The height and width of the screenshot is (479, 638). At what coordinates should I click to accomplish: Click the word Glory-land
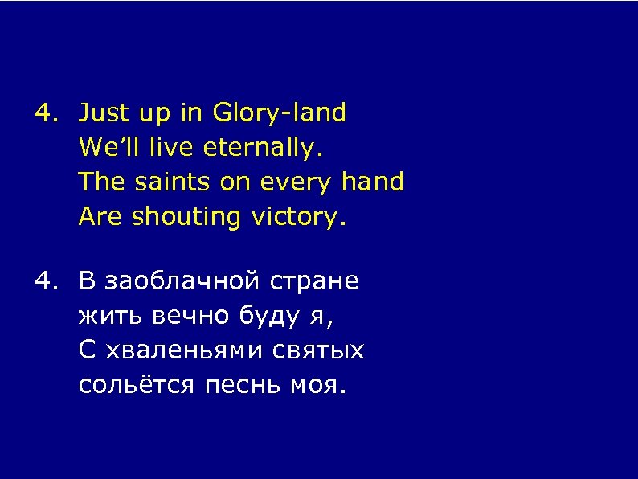(x=280, y=114)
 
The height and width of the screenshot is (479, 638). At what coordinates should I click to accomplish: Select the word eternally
(x=264, y=149)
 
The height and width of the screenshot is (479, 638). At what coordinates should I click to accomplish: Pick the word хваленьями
(x=186, y=351)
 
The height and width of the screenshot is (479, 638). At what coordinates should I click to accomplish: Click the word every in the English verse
(x=292, y=183)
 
